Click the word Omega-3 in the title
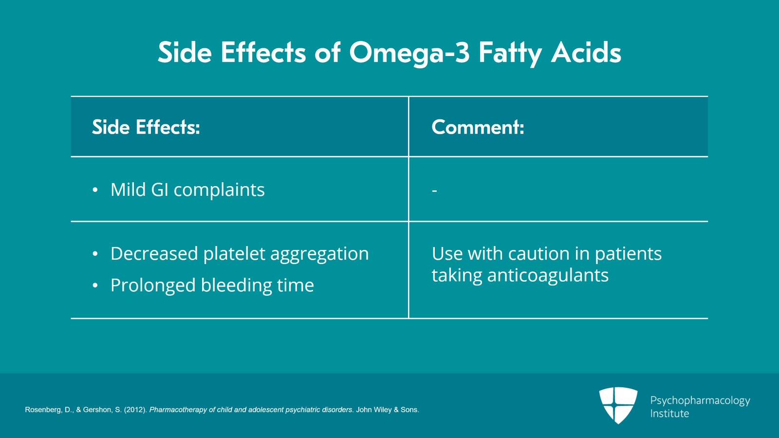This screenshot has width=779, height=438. (409, 53)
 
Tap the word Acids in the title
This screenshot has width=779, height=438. (586, 53)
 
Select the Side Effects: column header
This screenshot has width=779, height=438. (146, 127)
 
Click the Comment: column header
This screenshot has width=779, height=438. (478, 127)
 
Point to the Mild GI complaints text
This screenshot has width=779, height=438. (187, 190)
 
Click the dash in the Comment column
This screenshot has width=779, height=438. (434, 190)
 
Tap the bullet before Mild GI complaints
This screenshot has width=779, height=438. (95, 190)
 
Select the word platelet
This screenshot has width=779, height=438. (234, 253)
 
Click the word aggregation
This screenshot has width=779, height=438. (319, 254)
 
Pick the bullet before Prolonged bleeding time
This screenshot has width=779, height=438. (95, 286)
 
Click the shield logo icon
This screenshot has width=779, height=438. (618, 405)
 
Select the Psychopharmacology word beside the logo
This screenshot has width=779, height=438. (700, 400)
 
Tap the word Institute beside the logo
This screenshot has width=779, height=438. (669, 414)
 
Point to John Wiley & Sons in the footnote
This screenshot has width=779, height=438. (387, 410)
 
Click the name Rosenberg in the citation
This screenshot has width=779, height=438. (43, 410)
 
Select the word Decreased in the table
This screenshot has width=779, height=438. (154, 253)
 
